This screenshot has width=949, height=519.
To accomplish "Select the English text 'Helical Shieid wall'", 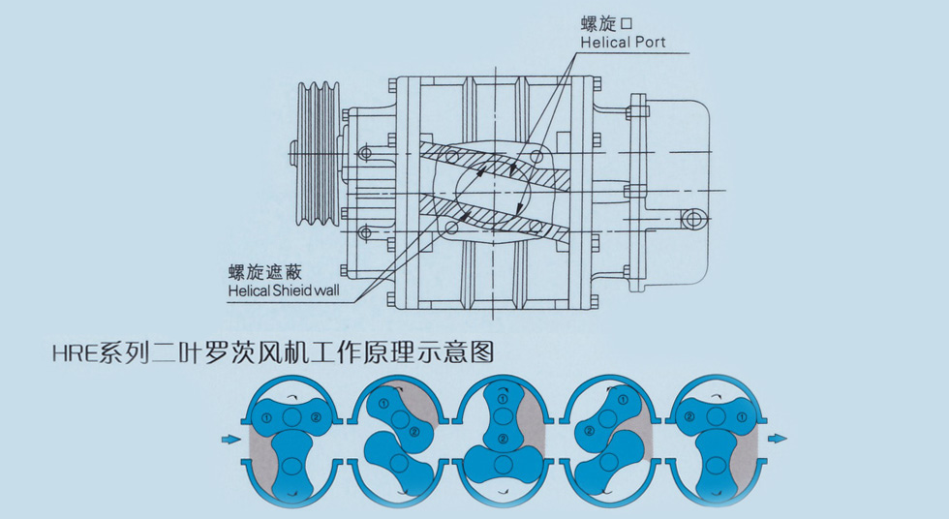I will click(x=284, y=290).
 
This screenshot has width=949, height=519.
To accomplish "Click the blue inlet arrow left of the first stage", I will click(x=230, y=440).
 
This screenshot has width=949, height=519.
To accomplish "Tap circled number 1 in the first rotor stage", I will click(x=264, y=418).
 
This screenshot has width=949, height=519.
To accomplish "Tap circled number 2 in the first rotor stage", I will click(x=317, y=418).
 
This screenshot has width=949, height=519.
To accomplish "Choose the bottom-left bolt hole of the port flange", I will click(x=451, y=229).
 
